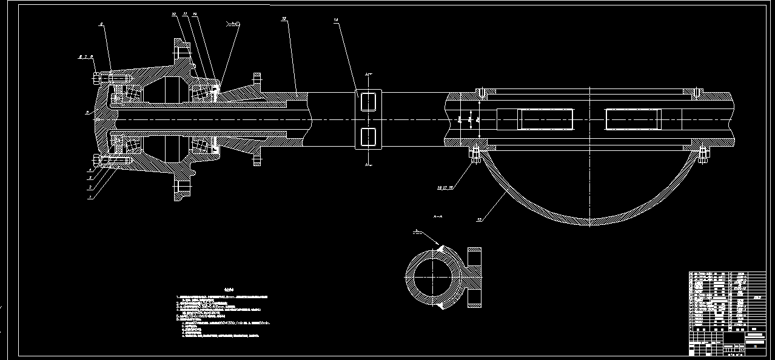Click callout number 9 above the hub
click(x=101, y=24)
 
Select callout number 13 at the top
click(x=284, y=19)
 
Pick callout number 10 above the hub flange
click(x=173, y=13)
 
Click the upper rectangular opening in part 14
click(x=369, y=101)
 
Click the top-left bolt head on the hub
click(x=97, y=78)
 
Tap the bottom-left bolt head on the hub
click(x=97, y=161)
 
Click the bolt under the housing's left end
click(x=475, y=155)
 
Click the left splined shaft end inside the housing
click(x=535, y=119)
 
